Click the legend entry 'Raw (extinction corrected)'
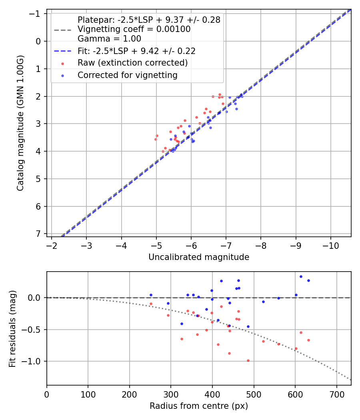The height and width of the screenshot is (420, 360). click(132, 63)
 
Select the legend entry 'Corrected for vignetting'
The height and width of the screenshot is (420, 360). click(127, 75)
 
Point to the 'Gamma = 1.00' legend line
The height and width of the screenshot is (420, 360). click(109, 39)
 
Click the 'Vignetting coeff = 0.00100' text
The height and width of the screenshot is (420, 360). click(134, 29)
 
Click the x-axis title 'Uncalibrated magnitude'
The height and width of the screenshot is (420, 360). click(199, 257)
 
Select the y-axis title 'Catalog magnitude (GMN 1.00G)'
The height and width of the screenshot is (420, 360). click(20, 123)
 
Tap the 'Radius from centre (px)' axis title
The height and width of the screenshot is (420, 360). click(199, 406)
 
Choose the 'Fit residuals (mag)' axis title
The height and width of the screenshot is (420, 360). click(12, 328)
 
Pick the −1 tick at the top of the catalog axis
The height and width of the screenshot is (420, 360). click(36, 14)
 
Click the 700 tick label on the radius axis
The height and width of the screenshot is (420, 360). click(336, 393)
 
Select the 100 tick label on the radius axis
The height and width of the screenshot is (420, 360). click(88, 393)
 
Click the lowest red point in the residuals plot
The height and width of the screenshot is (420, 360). click(248, 360)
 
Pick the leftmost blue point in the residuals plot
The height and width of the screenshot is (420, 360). click(151, 295)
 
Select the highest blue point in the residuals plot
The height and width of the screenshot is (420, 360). click(301, 276)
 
